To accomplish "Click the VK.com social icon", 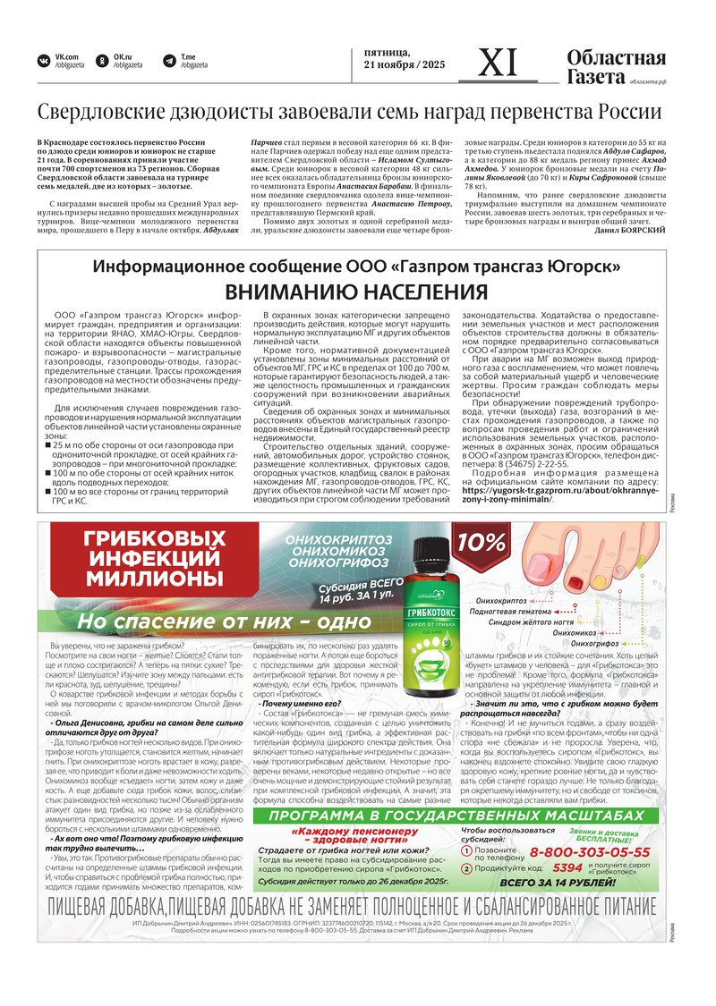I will tap(43, 61).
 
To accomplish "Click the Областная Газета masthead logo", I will tap(616, 67).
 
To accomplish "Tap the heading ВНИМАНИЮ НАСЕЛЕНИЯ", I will tap(355, 292).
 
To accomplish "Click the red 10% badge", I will tap(481, 543).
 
